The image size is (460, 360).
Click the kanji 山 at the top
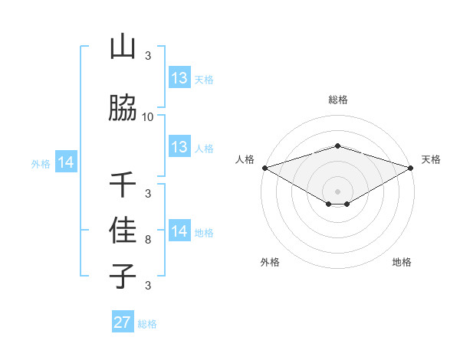123,47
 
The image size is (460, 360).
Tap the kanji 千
123,185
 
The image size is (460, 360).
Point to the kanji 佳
123,231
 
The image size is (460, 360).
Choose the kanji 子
123,275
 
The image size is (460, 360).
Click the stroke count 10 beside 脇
148,117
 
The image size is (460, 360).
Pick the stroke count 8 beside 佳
148,240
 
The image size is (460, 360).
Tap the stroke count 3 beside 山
148,56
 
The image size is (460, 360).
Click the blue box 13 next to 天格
179,78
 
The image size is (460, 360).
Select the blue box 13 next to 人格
179,147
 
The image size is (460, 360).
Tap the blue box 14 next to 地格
179,231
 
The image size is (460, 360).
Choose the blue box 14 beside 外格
66,162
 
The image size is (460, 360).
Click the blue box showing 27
123,322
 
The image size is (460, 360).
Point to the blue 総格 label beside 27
147,324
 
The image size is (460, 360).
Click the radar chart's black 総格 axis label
338,100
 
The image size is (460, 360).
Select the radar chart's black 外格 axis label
270,262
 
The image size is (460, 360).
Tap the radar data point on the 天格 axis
411,167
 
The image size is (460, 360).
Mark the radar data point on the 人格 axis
264,167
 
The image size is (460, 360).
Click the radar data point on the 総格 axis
338,146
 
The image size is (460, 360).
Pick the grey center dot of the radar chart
338,191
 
